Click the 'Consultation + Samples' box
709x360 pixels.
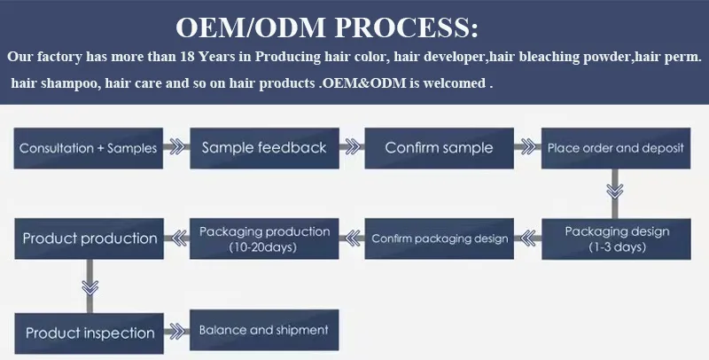(x=88, y=148)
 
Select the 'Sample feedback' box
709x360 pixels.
(x=264, y=148)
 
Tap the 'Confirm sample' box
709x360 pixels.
(x=439, y=148)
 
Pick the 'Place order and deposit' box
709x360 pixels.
(x=616, y=148)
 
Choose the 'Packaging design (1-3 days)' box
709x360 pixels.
(x=616, y=239)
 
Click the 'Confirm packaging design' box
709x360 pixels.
(x=439, y=239)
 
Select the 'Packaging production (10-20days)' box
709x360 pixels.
(x=264, y=239)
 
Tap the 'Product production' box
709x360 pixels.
(x=90, y=239)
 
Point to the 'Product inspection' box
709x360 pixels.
(x=90, y=333)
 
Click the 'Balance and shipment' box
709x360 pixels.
(x=264, y=330)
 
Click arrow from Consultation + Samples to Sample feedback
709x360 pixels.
(x=176, y=147)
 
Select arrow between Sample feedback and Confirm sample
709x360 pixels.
(x=352, y=146)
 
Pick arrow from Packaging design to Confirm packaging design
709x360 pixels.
(x=527, y=238)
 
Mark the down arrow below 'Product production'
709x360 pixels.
(x=90, y=286)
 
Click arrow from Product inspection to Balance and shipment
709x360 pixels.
(x=176, y=332)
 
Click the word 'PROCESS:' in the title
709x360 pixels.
(x=406, y=27)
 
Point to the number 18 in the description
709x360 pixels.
(x=187, y=57)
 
